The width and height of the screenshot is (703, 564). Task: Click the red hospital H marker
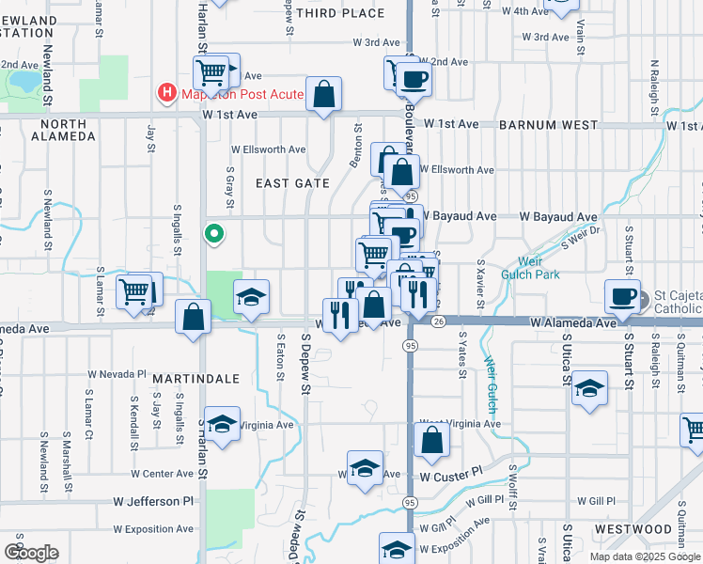pos(166,93)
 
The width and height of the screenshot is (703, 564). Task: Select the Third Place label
pos(340,13)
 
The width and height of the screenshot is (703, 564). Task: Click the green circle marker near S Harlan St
pos(214,234)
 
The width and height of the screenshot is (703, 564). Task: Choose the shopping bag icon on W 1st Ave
pos(323,94)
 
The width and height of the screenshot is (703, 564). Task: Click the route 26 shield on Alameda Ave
pos(439,321)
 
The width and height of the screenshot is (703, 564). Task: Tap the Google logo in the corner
pos(31,552)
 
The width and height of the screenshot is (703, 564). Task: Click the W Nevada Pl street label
pos(117,373)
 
